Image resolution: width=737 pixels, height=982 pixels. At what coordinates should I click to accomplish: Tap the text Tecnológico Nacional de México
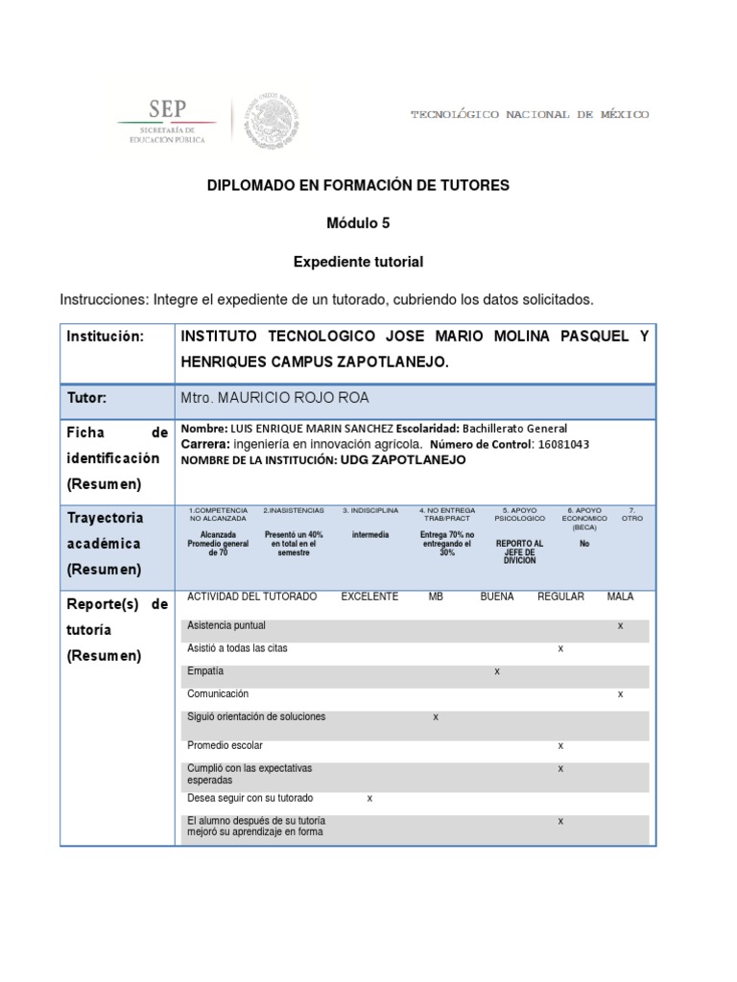click(x=530, y=114)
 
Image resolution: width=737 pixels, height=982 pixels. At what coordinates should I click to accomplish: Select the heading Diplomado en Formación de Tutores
click(x=359, y=185)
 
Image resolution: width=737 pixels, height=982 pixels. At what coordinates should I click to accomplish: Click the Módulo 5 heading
click(x=358, y=222)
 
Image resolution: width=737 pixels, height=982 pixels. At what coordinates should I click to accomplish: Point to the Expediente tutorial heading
click(x=358, y=261)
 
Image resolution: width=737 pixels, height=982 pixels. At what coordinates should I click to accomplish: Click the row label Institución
click(x=105, y=337)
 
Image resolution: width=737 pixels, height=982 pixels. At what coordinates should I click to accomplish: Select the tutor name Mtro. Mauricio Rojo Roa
click(x=273, y=398)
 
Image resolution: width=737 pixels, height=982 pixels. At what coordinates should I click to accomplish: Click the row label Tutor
click(x=86, y=397)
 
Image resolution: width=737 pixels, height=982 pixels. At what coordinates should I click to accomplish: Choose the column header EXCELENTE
click(x=369, y=596)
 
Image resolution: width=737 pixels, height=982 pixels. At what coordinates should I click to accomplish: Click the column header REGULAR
click(x=560, y=596)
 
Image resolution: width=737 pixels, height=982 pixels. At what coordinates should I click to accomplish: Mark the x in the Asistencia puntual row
click(x=620, y=625)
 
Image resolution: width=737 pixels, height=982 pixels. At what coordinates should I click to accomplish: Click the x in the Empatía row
click(x=497, y=671)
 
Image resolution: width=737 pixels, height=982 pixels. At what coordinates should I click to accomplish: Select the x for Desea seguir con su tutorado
click(x=369, y=798)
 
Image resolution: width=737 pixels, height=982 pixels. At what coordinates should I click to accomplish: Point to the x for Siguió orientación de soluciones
click(x=436, y=717)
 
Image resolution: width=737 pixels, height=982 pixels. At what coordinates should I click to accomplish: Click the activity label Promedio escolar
click(x=225, y=745)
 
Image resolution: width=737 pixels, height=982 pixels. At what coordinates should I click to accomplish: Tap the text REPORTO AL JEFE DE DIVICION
click(x=519, y=551)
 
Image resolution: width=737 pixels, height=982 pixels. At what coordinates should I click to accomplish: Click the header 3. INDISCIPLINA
click(x=369, y=510)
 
